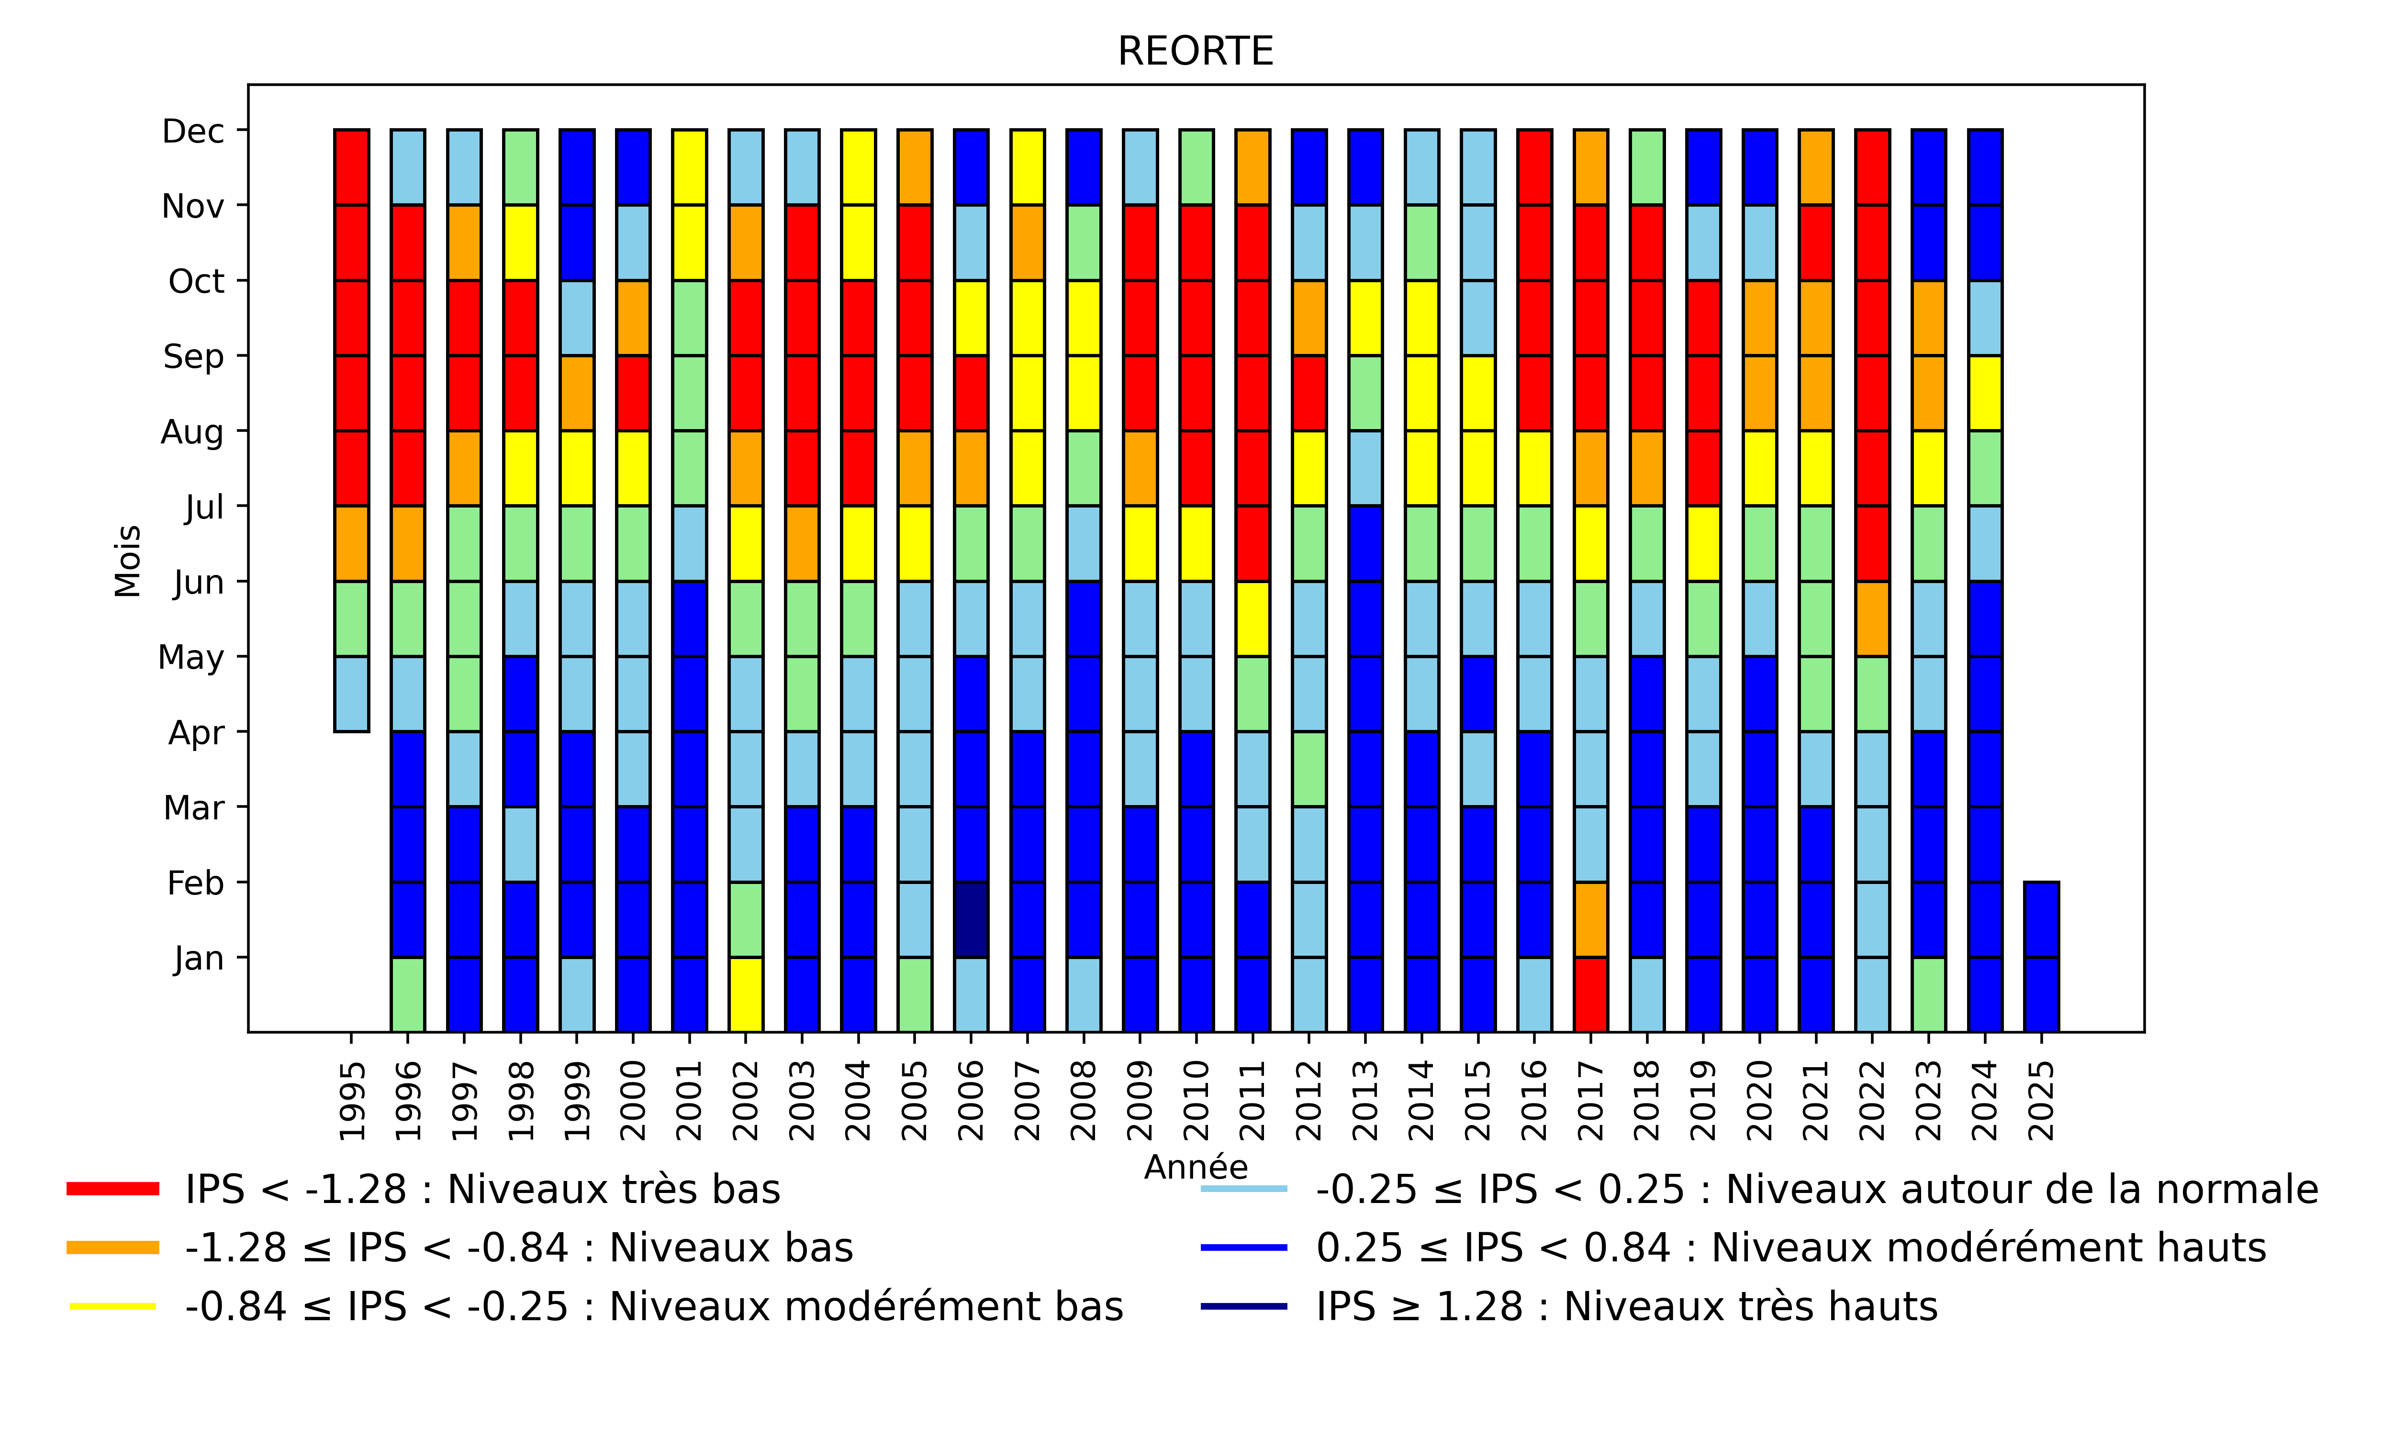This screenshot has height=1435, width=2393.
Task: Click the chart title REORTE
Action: [1196, 51]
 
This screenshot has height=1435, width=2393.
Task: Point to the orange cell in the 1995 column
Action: [351, 543]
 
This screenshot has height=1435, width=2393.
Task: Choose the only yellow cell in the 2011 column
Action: [1252, 619]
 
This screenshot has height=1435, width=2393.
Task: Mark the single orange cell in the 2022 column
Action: [1873, 619]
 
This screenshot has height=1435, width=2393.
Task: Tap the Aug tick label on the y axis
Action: [192, 431]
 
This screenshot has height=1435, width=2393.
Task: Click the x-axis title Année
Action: [1196, 1168]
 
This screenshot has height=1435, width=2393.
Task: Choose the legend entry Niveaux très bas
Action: [481, 1190]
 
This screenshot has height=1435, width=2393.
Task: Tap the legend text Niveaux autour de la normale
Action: [1816, 1190]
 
